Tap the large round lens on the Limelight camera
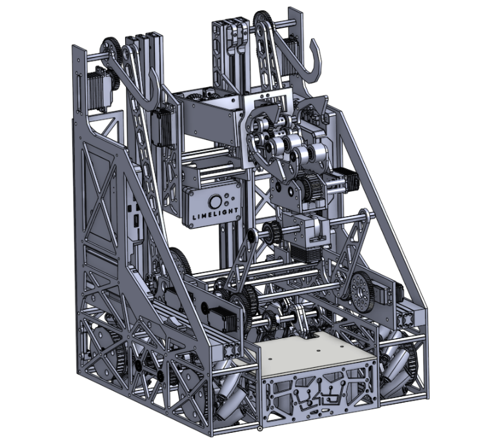(215, 201)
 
